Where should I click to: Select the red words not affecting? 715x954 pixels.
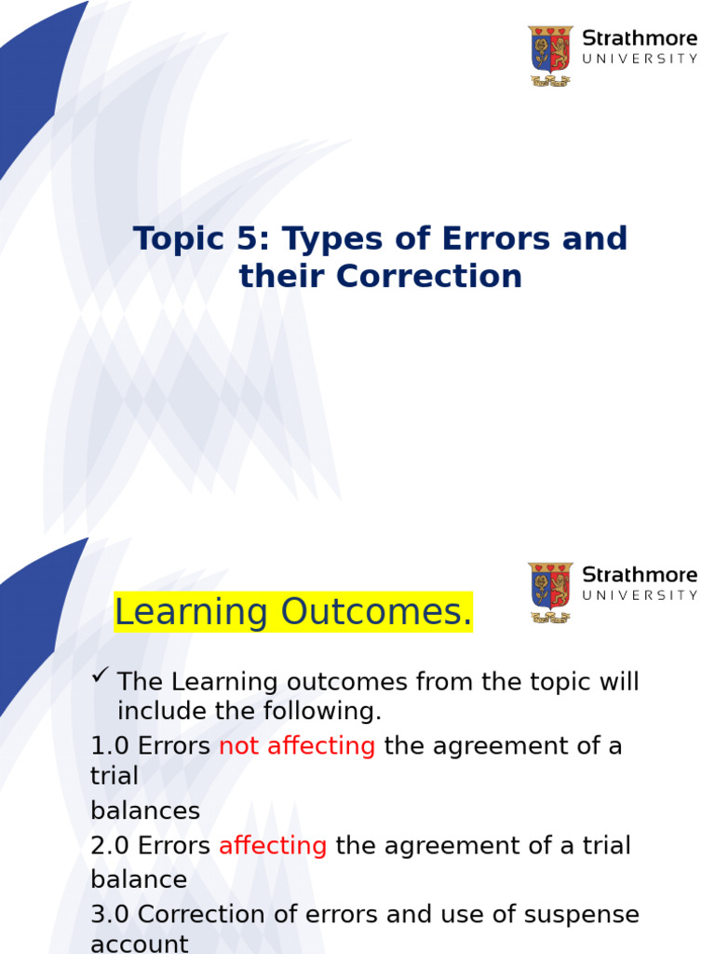click(297, 746)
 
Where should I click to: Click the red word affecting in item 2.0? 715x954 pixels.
click(273, 846)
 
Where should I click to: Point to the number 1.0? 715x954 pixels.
click(110, 746)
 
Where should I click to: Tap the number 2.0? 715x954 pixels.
click(110, 846)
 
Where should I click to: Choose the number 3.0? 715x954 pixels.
click(110, 914)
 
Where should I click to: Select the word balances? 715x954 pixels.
click(144, 811)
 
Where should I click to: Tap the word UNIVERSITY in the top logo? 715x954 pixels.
click(640, 59)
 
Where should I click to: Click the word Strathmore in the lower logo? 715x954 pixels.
click(640, 574)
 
